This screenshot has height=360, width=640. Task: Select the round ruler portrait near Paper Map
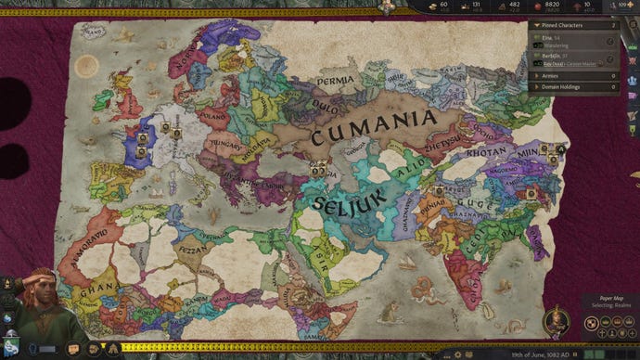(x=557, y=325)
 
